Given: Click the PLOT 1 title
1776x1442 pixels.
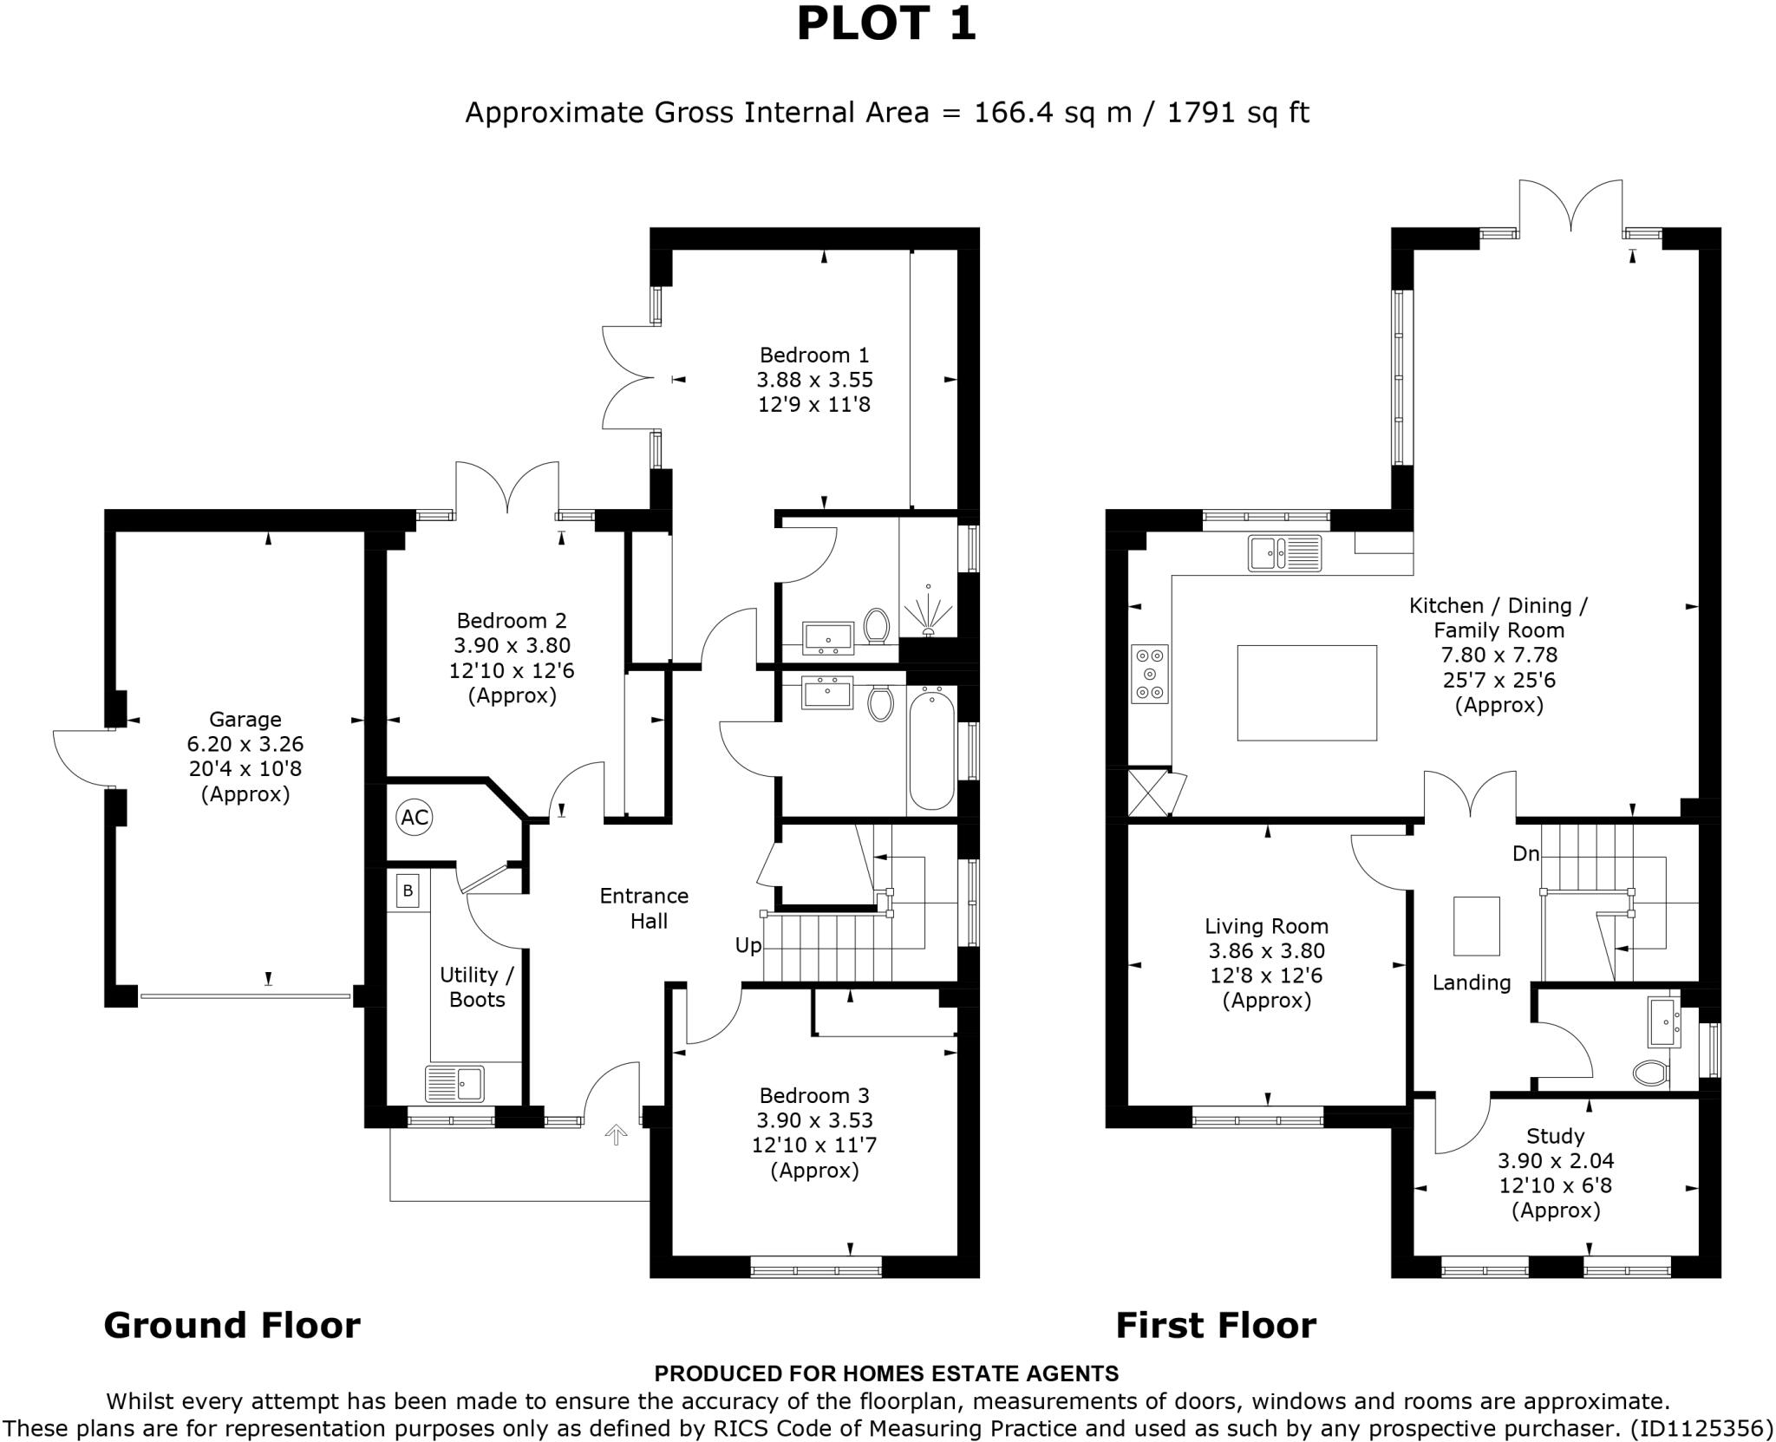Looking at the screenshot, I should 886,24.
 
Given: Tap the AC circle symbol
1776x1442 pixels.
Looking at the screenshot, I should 415,817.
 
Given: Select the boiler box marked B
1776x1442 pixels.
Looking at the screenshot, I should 408,891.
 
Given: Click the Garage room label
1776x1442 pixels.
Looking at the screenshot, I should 245,719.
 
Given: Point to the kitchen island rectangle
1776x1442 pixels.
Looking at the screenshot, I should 1306,692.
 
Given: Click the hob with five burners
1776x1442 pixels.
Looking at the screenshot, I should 1150,674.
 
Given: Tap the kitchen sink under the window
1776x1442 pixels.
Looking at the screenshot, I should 1285,553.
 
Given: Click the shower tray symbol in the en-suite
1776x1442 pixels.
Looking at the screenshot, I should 928,607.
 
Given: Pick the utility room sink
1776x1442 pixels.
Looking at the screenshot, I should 454,1083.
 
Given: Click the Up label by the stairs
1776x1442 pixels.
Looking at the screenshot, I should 748,945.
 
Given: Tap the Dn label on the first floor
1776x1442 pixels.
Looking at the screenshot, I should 1525,854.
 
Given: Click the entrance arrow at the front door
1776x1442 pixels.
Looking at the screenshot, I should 616,1134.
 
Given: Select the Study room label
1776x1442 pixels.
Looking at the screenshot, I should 1556,1135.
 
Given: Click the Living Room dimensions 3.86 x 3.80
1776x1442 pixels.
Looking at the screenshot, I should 1266,951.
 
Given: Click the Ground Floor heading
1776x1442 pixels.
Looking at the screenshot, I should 232,1325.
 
